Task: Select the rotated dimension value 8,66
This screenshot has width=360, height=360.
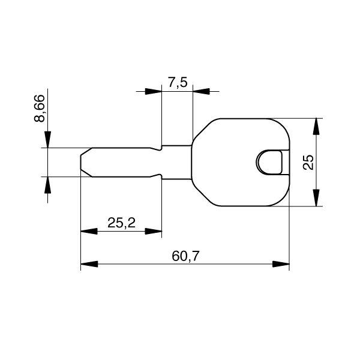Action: point(40,108)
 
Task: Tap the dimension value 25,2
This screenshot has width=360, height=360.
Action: point(121,223)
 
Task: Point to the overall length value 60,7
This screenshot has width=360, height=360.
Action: point(185,256)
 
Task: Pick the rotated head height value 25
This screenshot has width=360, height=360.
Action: point(308,162)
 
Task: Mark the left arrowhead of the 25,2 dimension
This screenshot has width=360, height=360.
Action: point(88,231)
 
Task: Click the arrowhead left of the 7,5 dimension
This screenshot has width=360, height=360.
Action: point(154,91)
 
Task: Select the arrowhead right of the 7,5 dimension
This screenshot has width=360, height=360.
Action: point(201,91)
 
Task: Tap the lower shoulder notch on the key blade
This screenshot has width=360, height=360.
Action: point(160,176)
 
